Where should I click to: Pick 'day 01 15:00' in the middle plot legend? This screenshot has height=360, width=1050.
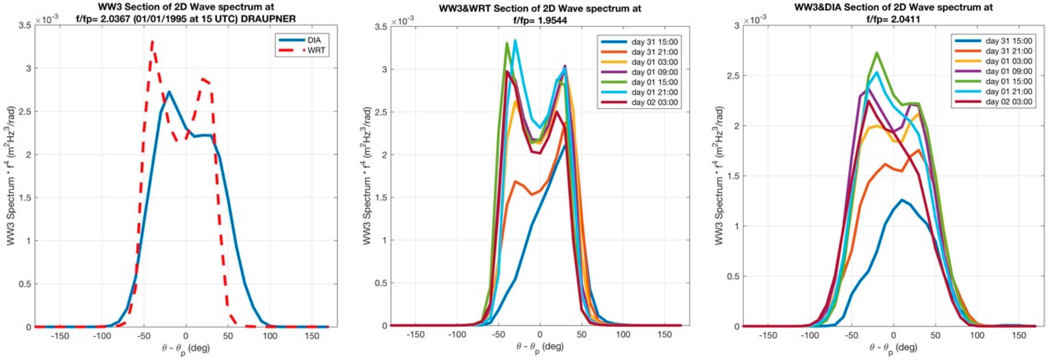[654, 82]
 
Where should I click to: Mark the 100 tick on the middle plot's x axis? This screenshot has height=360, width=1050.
[623, 334]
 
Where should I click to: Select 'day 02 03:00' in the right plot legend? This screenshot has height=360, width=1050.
[1009, 102]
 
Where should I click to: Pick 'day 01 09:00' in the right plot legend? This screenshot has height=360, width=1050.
[1009, 71]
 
